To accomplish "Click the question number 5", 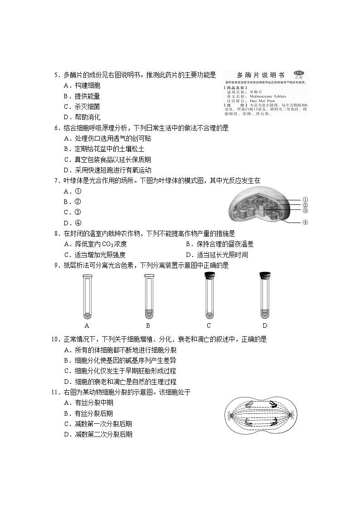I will point(56,75).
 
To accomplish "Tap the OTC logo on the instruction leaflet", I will point(298,73).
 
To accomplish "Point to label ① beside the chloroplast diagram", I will point(305,199).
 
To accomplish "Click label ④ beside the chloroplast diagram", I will point(305,223).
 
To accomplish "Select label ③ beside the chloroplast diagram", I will point(305,211).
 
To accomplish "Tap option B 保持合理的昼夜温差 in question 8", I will point(219,244).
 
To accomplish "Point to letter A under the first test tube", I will point(87,325).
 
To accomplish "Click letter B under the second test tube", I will point(148,325).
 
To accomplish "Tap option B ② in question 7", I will point(73,202).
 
